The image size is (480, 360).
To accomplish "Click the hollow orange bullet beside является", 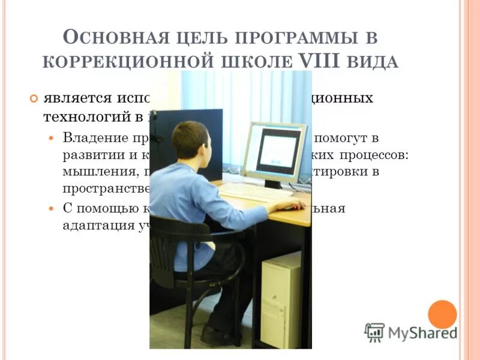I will tap(34, 98).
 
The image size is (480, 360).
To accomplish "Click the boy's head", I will tap(190, 140).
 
